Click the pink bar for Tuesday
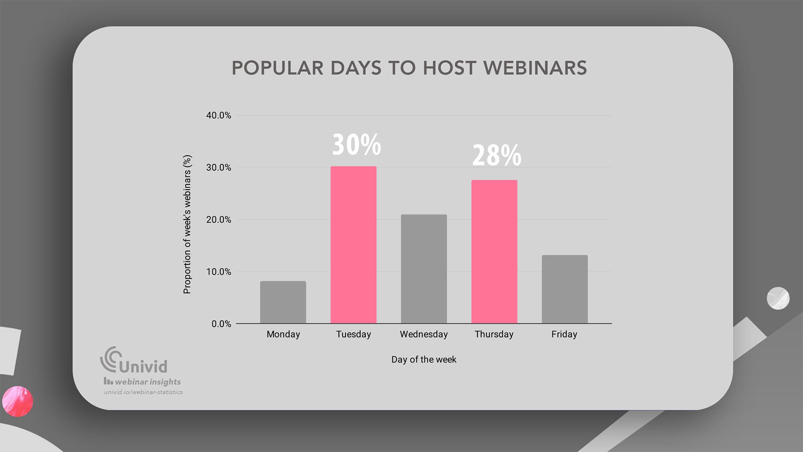tap(353, 244)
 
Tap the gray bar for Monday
tap(283, 302)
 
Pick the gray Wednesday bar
tap(424, 269)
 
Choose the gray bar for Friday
tap(564, 289)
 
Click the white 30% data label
tap(356, 145)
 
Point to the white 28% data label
tap(496, 155)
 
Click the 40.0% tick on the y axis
tap(218, 115)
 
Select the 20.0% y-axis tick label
tap(218, 219)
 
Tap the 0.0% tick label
tap(221, 324)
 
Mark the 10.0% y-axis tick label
tap(218, 272)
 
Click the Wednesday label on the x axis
tap(424, 334)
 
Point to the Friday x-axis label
tap(564, 334)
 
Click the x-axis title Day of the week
tap(424, 359)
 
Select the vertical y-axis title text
tap(187, 224)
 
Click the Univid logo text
tap(143, 366)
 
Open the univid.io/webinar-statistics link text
tap(143, 392)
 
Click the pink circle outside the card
tap(17, 401)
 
